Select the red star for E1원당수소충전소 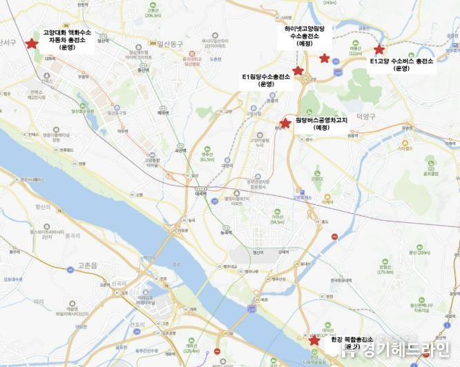point(298,70)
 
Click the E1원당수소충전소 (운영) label point(266,80)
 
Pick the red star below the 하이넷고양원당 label point(325,59)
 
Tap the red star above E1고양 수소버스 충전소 point(378,50)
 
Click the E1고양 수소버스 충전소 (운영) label point(401,65)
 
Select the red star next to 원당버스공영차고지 point(285,121)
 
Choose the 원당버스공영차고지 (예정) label point(322,123)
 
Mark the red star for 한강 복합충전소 point(314,340)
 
